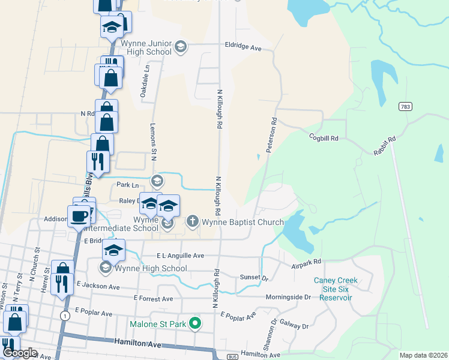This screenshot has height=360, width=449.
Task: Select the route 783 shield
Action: [405, 106]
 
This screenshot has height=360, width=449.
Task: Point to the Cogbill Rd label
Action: [324, 138]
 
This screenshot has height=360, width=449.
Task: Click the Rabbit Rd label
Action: [385, 147]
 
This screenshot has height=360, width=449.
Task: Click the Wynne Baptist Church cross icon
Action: [193, 221]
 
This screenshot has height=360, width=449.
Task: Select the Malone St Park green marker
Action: [194, 324]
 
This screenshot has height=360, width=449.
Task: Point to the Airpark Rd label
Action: [307, 262]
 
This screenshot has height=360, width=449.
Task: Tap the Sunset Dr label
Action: [254, 278]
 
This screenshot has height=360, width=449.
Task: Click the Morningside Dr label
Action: [289, 297]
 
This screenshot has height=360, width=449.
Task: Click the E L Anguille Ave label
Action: [180, 256]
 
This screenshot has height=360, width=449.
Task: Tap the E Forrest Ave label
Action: [154, 298]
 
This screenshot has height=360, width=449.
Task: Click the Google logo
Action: [19, 353]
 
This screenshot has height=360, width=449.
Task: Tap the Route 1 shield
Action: [64, 315]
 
